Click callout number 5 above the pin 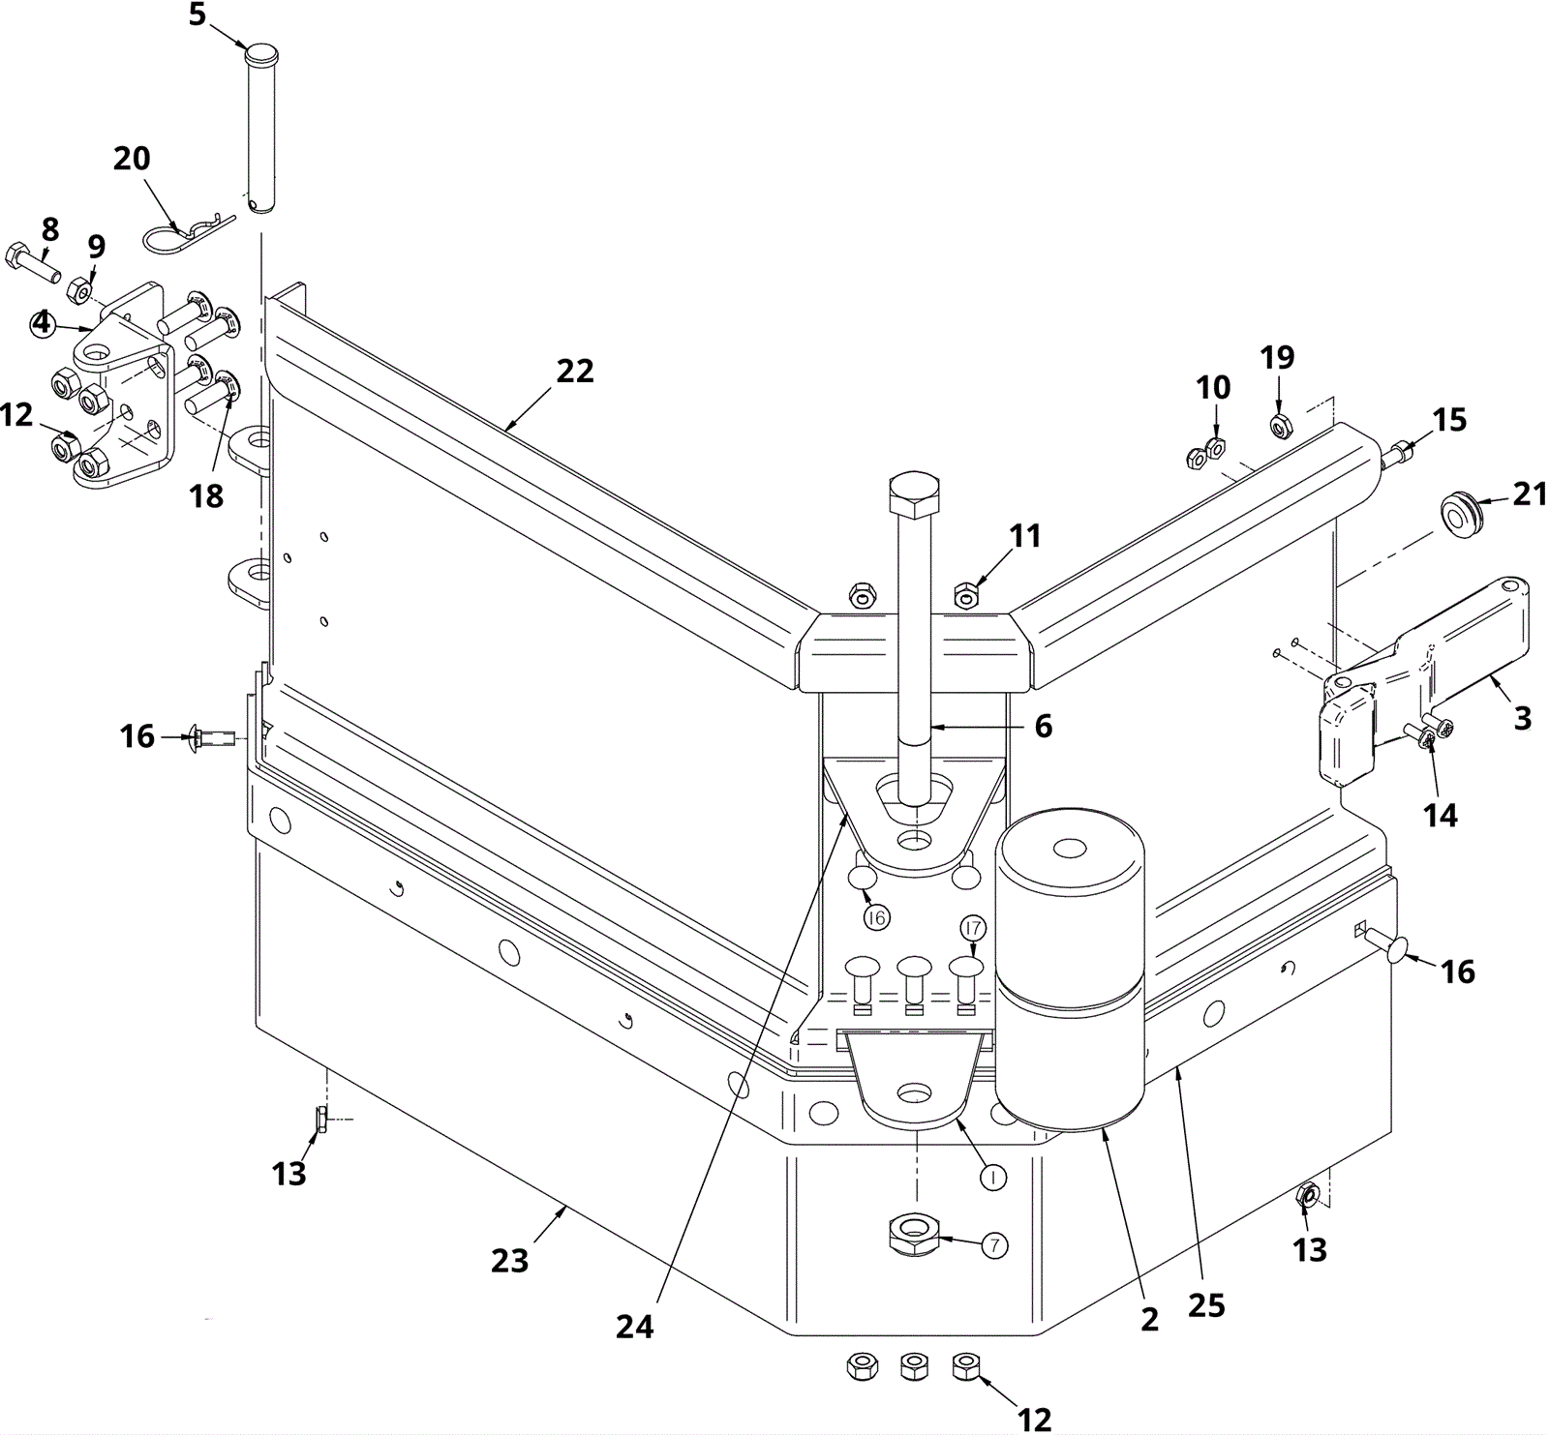[197, 15]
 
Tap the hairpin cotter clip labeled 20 [189, 233]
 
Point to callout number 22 [575, 371]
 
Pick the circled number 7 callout [994, 1245]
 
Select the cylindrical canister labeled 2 [1070, 972]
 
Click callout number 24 [635, 1327]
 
